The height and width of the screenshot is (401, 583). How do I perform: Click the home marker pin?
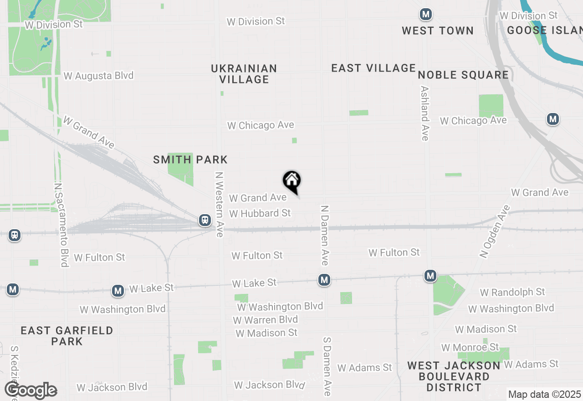tap(292, 181)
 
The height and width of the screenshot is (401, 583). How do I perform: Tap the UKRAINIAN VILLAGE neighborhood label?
tap(244, 74)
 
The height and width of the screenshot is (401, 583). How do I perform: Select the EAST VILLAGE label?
tap(373, 68)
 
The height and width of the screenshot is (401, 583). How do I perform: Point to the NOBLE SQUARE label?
tap(463, 75)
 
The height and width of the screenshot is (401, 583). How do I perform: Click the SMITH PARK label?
tap(190, 160)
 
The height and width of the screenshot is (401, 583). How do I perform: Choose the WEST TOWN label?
tap(438, 31)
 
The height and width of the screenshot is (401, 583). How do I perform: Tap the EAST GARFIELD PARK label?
tap(66, 336)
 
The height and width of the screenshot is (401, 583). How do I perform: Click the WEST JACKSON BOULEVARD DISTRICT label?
tap(454, 376)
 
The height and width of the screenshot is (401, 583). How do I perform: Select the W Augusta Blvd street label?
tap(98, 76)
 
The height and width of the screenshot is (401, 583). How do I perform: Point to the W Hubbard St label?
tap(260, 213)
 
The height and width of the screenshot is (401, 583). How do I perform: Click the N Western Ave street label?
tap(220, 204)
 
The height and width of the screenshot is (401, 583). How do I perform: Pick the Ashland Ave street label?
tap(425, 113)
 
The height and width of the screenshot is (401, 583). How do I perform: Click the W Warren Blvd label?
tap(266, 320)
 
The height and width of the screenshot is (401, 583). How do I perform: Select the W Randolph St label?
tap(512, 292)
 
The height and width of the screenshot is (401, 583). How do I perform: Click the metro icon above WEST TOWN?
tap(426, 15)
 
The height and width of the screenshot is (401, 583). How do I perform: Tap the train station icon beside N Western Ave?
tap(205, 221)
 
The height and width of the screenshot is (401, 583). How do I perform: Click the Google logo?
tap(31, 391)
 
